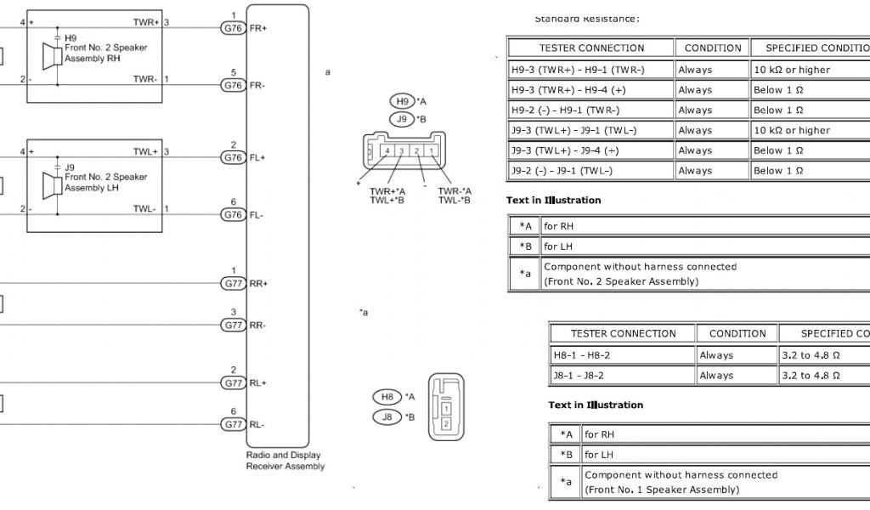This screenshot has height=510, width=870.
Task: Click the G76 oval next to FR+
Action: [233, 28]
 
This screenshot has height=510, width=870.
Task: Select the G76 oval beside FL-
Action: [233, 214]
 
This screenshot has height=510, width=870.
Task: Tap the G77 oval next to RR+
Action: [233, 283]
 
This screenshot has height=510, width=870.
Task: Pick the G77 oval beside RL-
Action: [233, 424]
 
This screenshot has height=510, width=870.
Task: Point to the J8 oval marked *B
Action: [387, 416]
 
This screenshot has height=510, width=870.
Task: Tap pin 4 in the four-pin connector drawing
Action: [387, 151]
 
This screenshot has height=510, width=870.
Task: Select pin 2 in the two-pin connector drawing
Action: [446, 422]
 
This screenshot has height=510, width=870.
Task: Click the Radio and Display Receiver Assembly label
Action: [285, 461]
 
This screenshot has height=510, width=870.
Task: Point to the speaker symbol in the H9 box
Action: [49, 59]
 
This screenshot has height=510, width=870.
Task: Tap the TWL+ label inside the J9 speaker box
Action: [145, 151]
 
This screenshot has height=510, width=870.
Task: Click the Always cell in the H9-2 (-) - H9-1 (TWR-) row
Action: [695, 110]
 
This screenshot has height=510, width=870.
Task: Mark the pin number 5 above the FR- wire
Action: [233, 72]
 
